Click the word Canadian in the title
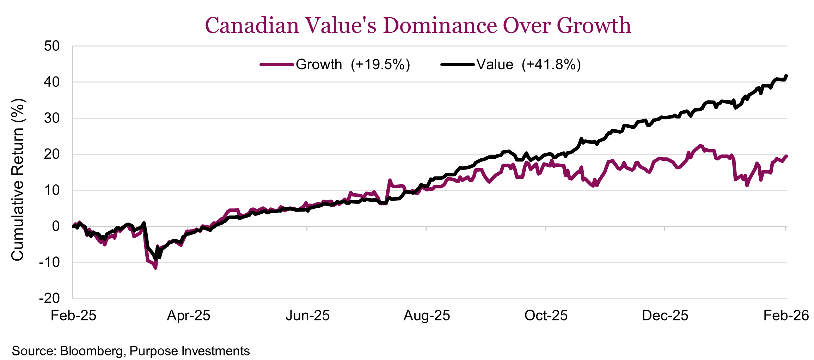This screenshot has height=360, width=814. click(x=252, y=25)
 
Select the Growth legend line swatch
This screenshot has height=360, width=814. click(x=277, y=65)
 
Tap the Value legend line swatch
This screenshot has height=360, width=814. click(x=457, y=65)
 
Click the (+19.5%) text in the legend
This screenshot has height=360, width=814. click(x=380, y=65)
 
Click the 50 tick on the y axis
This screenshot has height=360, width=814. click(x=52, y=46)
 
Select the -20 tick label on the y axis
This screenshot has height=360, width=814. click(x=49, y=298)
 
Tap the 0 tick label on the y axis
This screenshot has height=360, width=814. click(x=56, y=226)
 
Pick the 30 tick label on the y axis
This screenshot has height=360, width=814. click(x=52, y=118)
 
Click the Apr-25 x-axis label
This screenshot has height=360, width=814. click(x=189, y=315)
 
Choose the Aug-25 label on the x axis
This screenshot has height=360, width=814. click(x=427, y=315)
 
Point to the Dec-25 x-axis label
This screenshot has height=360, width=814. click(x=665, y=315)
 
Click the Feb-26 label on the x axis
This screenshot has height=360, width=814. click(x=786, y=315)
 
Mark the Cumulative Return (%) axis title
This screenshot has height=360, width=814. click(x=17, y=180)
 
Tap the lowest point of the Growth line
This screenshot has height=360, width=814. click(x=155, y=268)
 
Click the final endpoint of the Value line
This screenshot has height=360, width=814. click(x=787, y=76)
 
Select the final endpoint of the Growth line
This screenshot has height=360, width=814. click(x=787, y=156)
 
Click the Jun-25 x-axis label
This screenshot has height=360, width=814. click(x=307, y=315)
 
